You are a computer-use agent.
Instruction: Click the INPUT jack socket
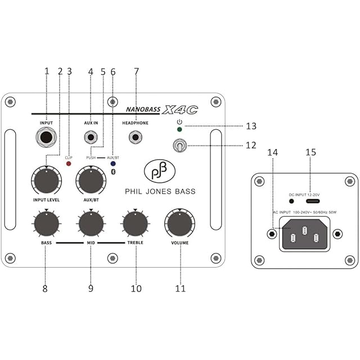[46, 137]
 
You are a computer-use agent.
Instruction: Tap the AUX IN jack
[91, 137]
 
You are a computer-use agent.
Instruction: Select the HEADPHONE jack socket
[136, 137]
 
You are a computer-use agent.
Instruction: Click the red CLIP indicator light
[69, 164]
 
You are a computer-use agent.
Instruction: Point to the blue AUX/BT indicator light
[113, 164]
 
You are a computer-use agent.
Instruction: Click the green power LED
[179, 129]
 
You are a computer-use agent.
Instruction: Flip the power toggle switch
[180, 146]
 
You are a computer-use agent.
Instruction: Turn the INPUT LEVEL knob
[46, 180]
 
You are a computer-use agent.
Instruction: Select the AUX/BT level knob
[91, 180]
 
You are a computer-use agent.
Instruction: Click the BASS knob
[46, 223]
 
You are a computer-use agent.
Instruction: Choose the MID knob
[91, 223]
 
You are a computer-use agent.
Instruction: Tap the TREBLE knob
[135, 223]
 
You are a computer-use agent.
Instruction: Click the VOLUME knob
[180, 223]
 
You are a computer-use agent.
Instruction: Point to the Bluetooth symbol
[113, 172]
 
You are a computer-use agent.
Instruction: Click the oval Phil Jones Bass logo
[160, 171]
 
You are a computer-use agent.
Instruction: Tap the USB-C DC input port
[313, 201]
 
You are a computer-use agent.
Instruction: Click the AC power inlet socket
[305, 234]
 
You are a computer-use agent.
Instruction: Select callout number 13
[251, 126]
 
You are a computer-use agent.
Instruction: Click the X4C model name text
[180, 110]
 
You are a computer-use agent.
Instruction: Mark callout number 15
[310, 152]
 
